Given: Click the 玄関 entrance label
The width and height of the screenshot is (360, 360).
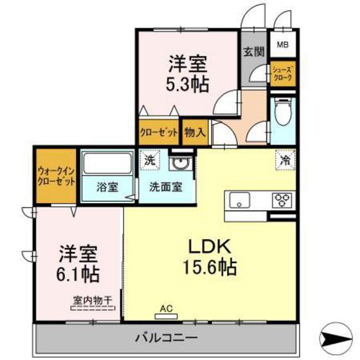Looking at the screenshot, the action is [x=254, y=51].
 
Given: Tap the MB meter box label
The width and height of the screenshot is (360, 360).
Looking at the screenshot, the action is [x=283, y=44].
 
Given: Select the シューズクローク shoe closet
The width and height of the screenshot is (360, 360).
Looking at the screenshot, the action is [x=283, y=73].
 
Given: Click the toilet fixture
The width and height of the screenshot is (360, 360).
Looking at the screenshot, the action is [x=283, y=112].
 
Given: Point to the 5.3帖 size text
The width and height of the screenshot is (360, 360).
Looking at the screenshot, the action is [x=188, y=84].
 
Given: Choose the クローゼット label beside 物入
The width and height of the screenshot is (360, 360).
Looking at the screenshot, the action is [x=159, y=132].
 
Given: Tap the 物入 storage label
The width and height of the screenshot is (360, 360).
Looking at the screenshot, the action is [x=195, y=132].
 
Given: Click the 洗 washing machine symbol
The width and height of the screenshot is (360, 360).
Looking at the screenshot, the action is [x=150, y=160].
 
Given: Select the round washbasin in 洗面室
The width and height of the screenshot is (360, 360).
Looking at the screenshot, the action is [x=181, y=163].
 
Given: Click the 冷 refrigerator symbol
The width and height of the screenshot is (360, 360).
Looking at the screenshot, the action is [x=285, y=160].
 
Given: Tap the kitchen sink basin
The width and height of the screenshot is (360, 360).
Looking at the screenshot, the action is [x=239, y=200].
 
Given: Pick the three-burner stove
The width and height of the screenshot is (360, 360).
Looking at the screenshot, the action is [x=282, y=201].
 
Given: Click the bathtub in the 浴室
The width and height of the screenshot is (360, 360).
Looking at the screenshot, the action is [x=107, y=163].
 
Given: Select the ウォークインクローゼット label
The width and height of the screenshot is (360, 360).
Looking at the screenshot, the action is [x=56, y=176].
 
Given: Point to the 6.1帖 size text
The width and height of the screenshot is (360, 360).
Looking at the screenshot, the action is [x=78, y=274].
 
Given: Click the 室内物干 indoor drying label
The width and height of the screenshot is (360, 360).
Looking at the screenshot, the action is [x=93, y=300].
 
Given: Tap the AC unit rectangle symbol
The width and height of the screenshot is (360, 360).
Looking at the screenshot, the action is [x=166, y=316].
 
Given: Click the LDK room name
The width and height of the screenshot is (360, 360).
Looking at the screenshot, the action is [x=210, y=247].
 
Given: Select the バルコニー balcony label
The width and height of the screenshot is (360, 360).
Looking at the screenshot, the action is [x=166, y=338].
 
